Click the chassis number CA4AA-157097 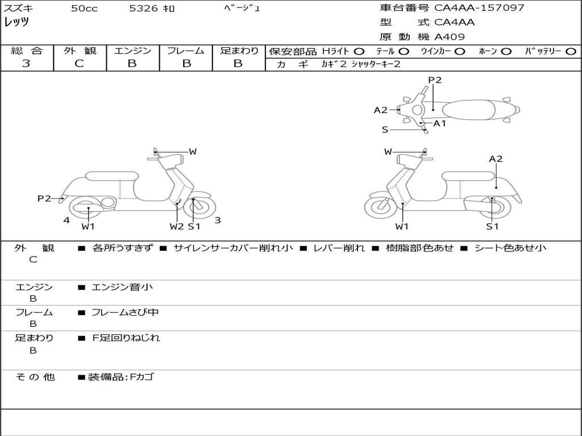point(479,8)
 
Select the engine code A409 point(450,37)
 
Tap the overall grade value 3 point(26,64)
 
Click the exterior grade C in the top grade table point(80,64)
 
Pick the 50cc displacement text point(84,9)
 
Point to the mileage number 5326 point(144,8)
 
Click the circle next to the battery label point(571,52)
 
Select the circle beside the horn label point(506,52)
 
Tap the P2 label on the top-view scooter point(435,80)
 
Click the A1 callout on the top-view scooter point(440,123)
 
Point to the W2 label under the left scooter point(177,227)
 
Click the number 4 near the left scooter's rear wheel point(66,220)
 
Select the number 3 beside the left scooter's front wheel point(218,220)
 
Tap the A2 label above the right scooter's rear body point(496,159)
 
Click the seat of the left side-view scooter point(112,176)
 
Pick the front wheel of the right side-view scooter point(380,205)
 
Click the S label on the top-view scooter point(385,130)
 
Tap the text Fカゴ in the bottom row point(142,377)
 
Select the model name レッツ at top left point(16,22)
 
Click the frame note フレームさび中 point(125,313)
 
